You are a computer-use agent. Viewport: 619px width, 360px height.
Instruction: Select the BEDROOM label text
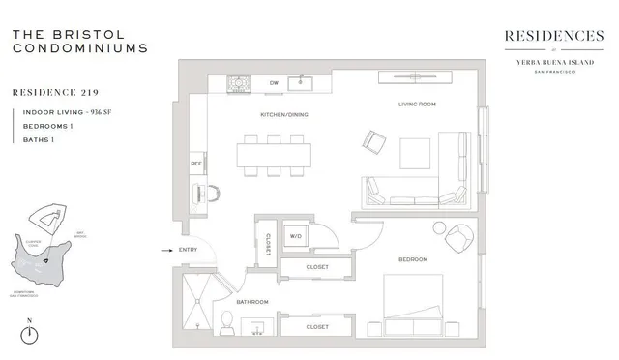click(x=412, y=259)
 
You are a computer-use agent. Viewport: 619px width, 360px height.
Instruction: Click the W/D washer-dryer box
click(x=296, y=235)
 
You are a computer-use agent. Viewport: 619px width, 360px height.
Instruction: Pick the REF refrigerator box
click(x=195, y=164)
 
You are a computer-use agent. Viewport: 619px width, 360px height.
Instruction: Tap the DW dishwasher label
click(x=274, y=83)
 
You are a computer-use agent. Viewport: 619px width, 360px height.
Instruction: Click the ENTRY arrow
click(x=164, y=250)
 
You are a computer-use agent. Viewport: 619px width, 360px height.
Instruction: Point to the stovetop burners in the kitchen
click(x=238, y=85)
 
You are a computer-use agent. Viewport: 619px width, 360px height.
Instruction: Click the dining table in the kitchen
click(x=275, y=155)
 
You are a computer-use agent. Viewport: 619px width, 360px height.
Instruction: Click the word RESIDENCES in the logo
click(x=554, y=36)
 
